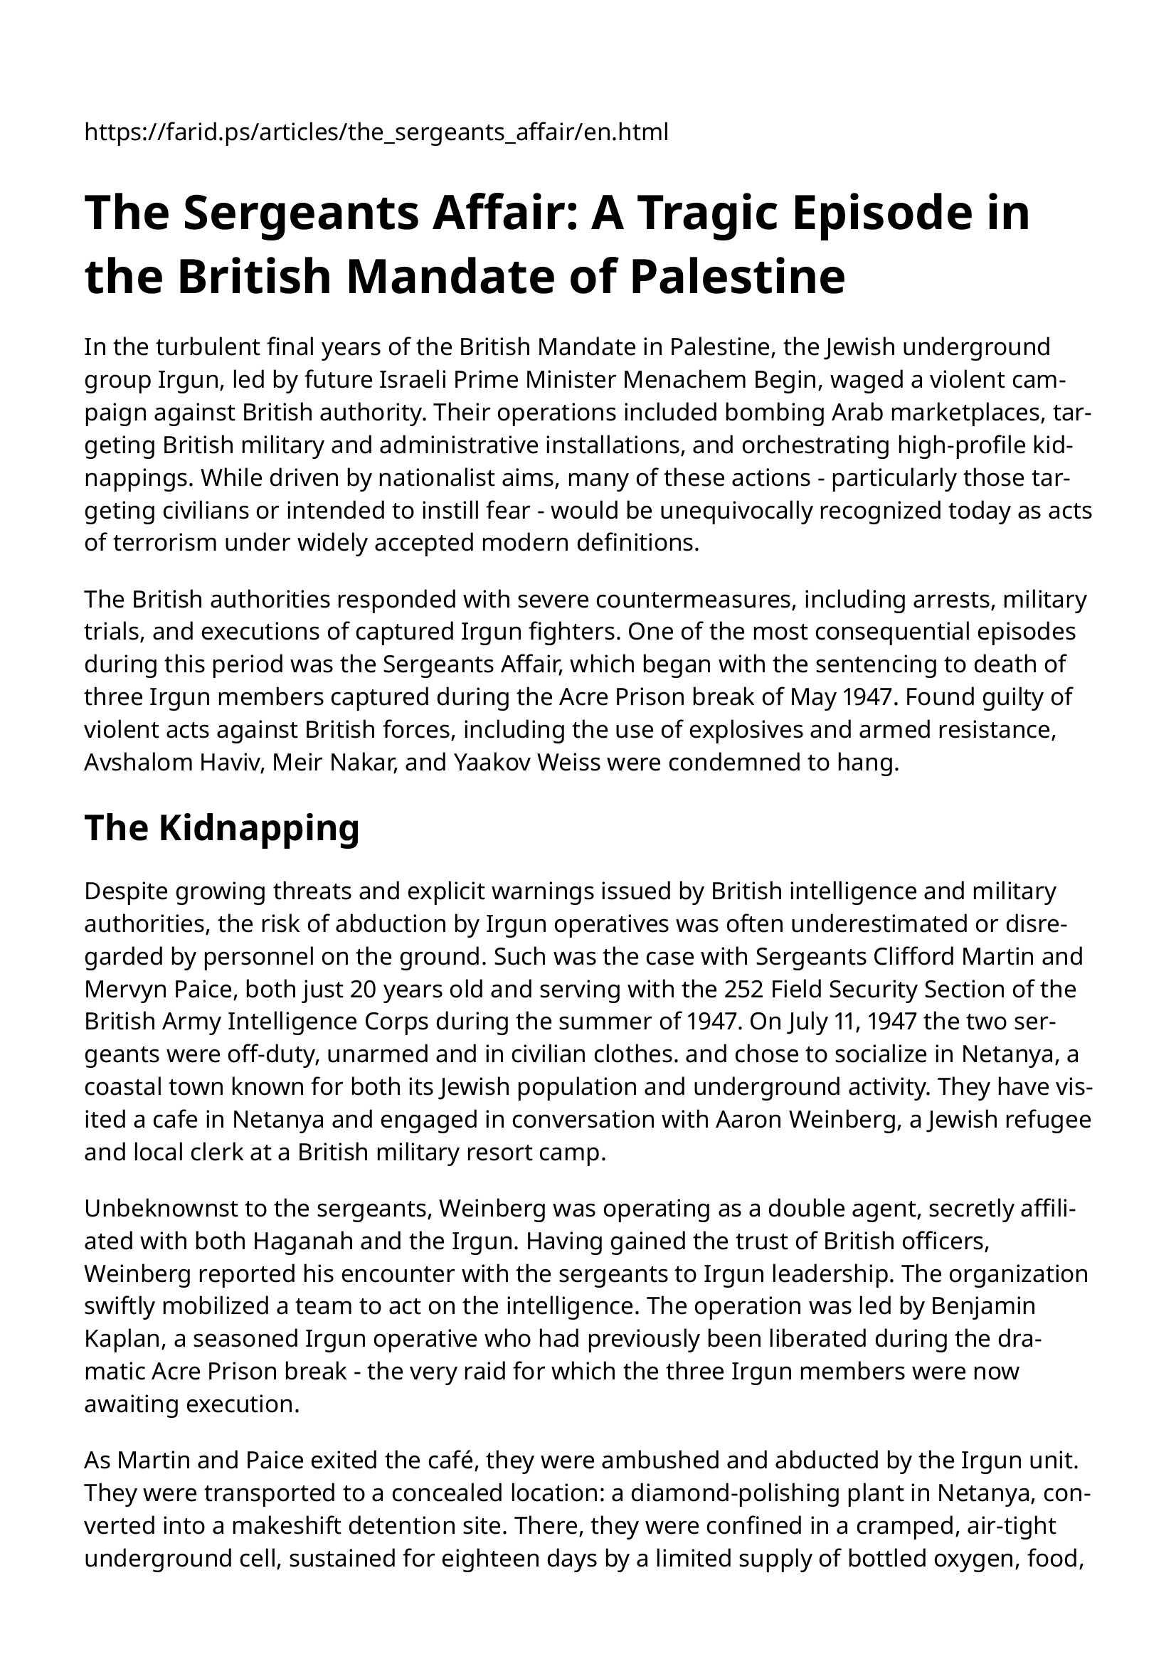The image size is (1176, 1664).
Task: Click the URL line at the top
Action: pos(376,132)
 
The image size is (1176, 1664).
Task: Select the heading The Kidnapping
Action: pos(222,827)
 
